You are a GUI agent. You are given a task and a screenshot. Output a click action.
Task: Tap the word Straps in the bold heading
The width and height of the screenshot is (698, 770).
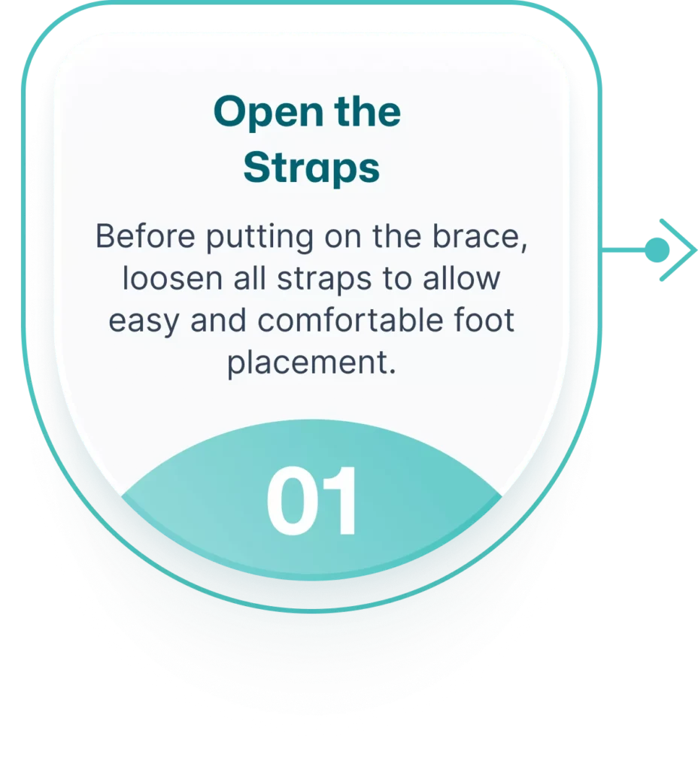pos(311,168)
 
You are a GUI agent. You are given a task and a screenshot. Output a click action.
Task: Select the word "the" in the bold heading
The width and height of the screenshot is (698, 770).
pos(367,111)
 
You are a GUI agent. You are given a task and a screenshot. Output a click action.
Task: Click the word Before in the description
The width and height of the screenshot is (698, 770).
pos(145,236)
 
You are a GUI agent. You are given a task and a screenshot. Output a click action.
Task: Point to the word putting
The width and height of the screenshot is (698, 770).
pos(259,238)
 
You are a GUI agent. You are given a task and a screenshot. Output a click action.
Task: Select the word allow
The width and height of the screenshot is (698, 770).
pos(461,278)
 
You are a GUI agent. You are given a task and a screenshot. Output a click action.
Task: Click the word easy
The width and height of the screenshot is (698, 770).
pos(144,322)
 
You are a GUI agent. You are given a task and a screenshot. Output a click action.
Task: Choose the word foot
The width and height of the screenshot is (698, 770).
pos(484,320)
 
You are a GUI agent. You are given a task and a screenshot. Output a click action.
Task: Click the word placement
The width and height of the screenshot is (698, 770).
pos(311,363)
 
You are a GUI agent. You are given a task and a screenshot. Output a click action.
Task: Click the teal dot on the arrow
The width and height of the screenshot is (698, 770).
pos(657,250)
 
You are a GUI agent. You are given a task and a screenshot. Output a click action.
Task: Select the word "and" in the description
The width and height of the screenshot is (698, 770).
pos(219,320)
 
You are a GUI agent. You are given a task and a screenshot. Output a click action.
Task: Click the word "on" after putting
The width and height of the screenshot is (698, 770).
pos(342,237)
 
